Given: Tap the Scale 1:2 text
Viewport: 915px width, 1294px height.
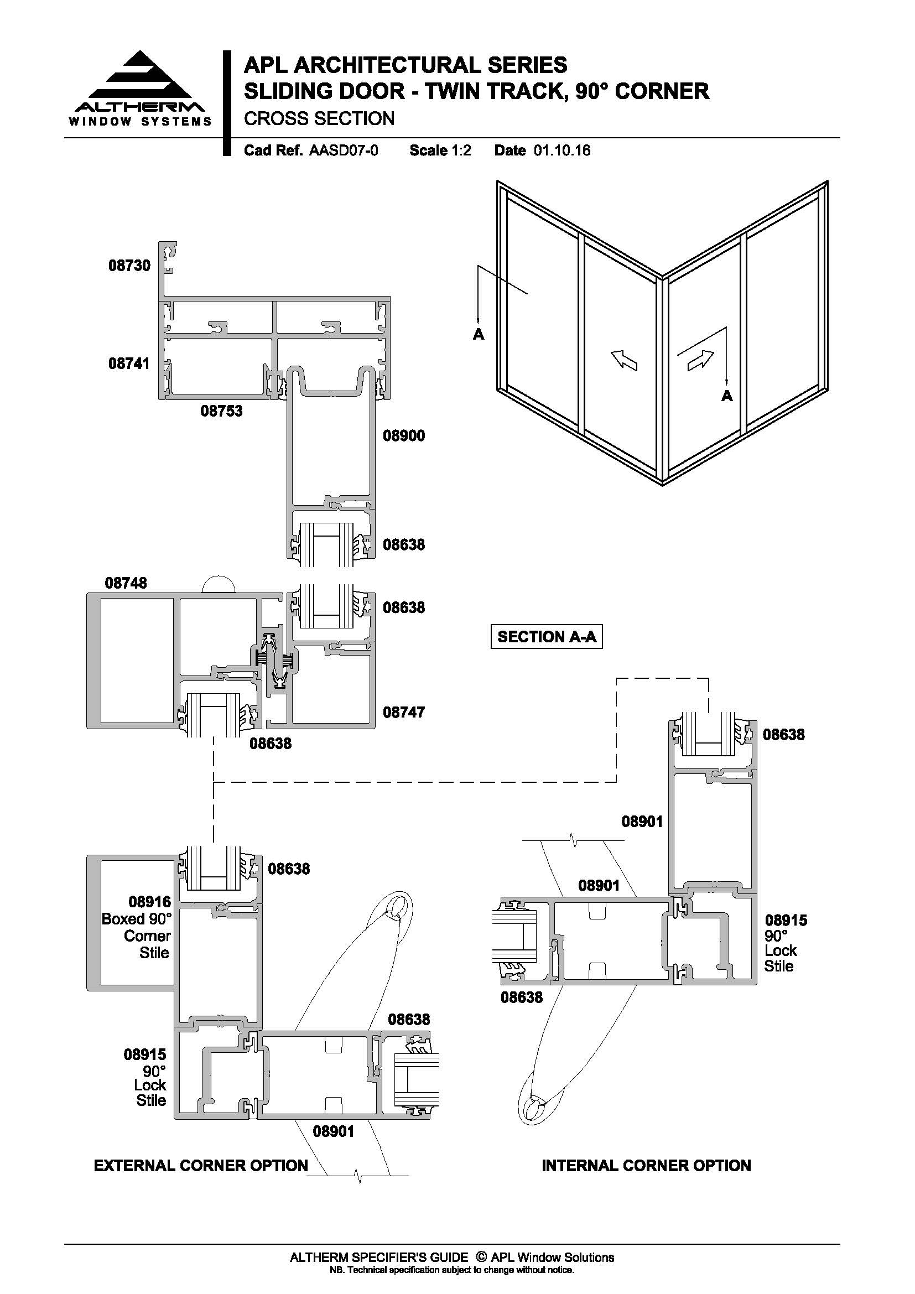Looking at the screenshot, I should pyautogui.click(x=440, y=150).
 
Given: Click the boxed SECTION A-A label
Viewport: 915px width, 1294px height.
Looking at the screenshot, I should pyautogui.click(x=547, y=637).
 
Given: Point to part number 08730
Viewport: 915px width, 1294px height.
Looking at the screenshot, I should pyautogui.click(x=129, y=266).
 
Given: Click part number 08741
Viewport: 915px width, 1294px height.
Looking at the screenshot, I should pyautogui.click(x=129, y=363).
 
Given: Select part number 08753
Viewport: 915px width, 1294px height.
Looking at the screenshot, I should pyautogui.click(x=221, y=411).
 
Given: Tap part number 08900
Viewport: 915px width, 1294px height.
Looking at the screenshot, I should pyautogui.click(x=404, y=435).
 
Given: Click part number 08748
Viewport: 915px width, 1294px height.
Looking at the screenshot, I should pyautogui.click(x=126, y=583).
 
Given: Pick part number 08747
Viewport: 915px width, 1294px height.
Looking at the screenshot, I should pyautogui.click(x=404, y=713).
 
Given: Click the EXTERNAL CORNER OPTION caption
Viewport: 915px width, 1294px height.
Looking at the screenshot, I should pyautogui.click(x=201, y=1166).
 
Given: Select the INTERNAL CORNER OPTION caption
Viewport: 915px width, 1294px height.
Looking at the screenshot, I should pyautogui.click(x=646, y=1166).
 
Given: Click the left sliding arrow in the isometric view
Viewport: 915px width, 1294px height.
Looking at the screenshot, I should pyautogui.click(x=624, y=358).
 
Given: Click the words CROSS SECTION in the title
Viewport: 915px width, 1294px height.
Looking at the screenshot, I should pyautogui.click(x=319, y=119).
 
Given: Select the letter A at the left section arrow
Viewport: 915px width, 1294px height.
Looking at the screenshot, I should pyautogui.click(x=479, y=335).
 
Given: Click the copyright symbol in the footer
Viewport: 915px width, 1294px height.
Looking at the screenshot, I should pyautogui.click(x=481, y=1257).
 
